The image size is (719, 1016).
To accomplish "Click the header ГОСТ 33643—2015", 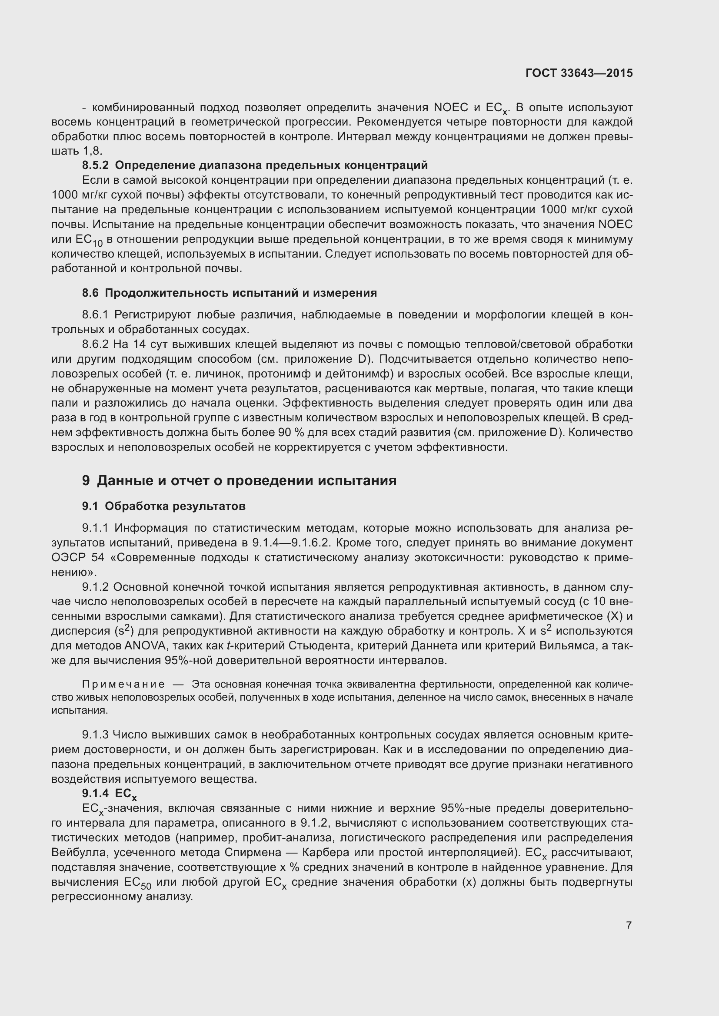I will tap(579, 73).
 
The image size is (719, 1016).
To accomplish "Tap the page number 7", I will tap(629, 925).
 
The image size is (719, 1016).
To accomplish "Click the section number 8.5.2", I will tap(95, 165).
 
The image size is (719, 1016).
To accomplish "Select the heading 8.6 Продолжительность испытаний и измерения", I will tap(230, 293).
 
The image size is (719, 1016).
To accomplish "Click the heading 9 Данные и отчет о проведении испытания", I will tap(239, 480).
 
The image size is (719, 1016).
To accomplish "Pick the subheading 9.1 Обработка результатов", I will tap(163, 506).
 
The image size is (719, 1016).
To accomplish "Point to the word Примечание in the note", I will tap(123, 685).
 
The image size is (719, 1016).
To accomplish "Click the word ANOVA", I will tap(145, 646).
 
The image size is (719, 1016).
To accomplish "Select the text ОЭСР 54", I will tap(78, 558).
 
